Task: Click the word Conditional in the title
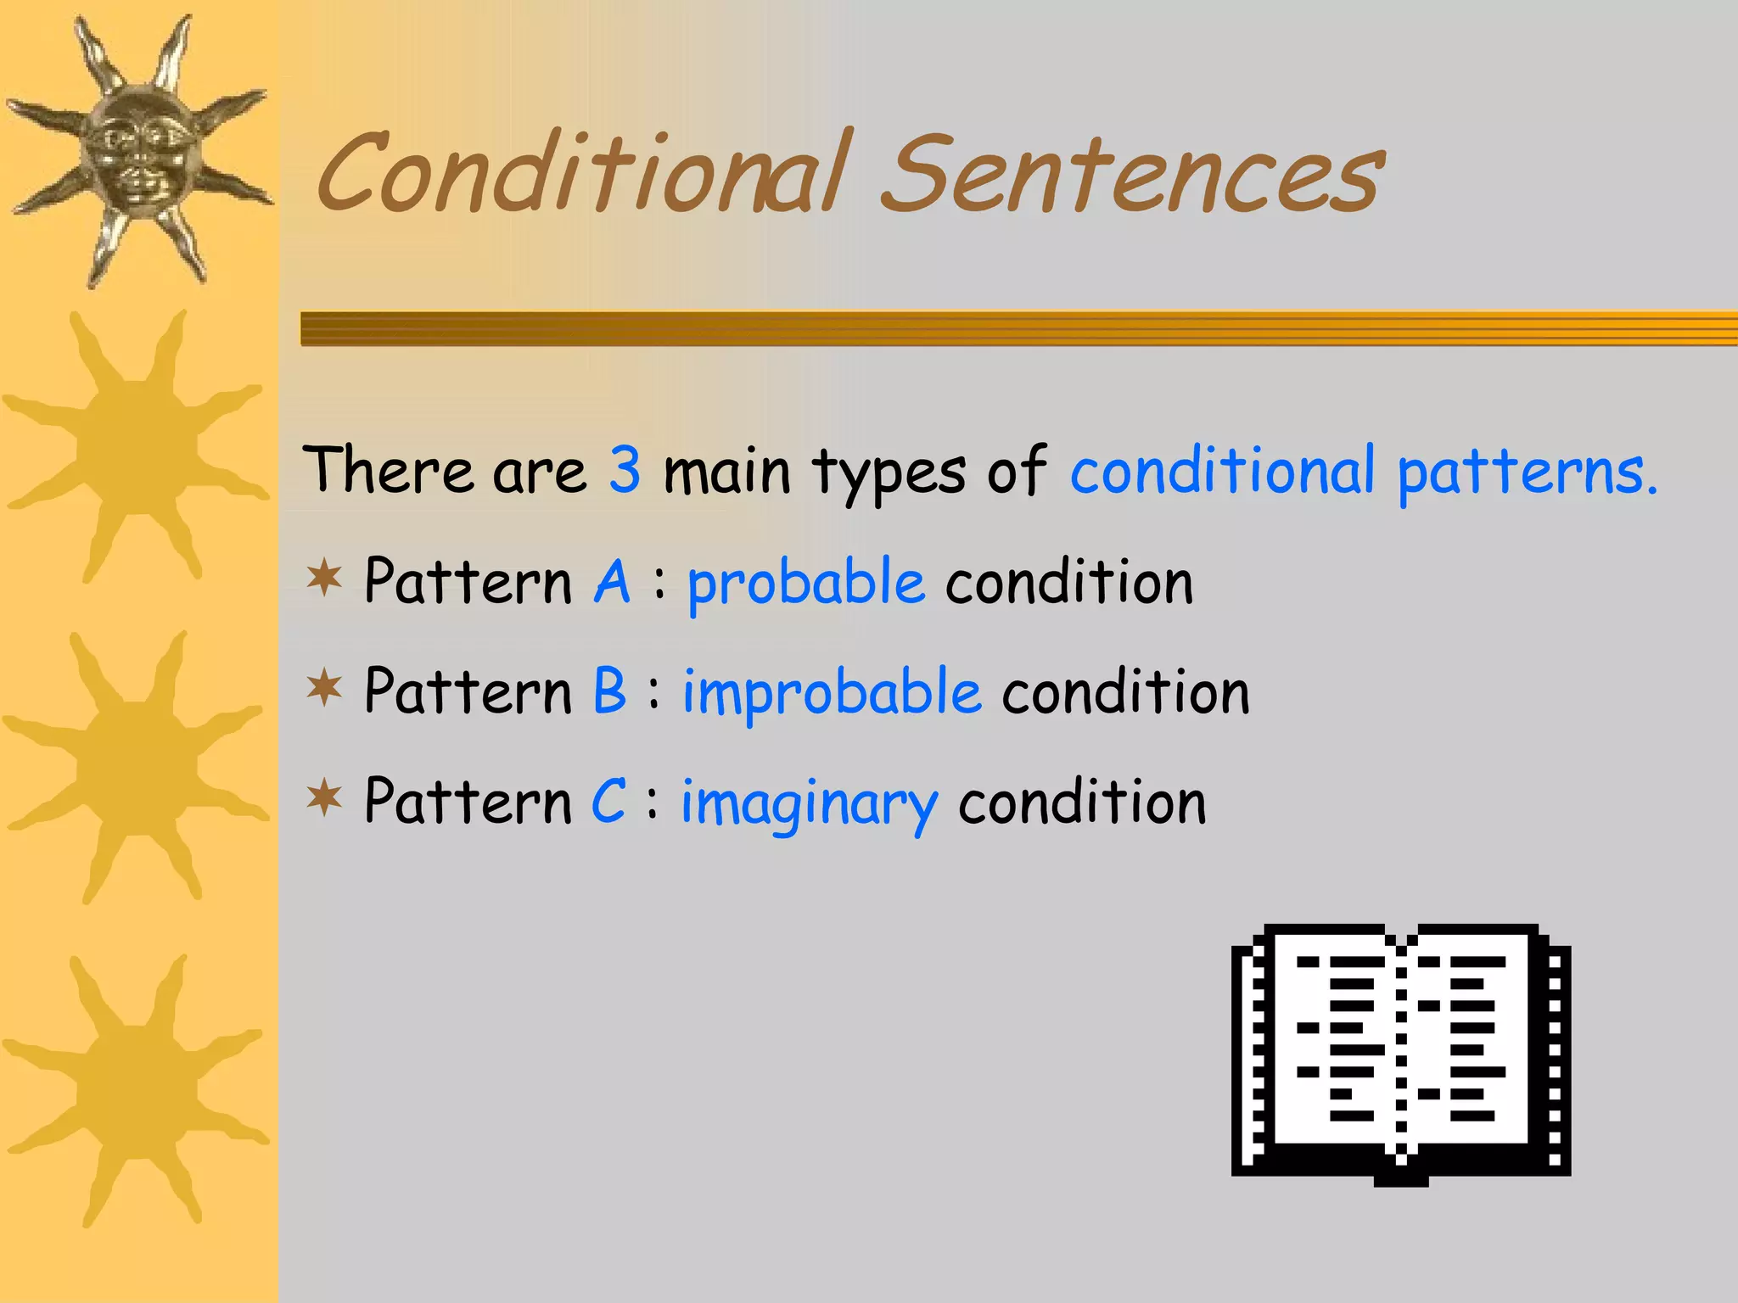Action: click(x=581, y=174)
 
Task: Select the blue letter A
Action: click(x=612, y=583)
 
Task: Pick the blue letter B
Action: click(x=609, y=691)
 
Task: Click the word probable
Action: click(x=805, y=585)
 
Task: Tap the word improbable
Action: click(x=832, y=695)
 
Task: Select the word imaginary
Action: click(x=809, y=804)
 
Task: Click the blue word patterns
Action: click(x=1527, y=472)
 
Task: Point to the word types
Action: click(x=889, y=473)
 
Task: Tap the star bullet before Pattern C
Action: click(x=324, y=798)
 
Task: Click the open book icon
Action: click(x=1400, y=1052)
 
